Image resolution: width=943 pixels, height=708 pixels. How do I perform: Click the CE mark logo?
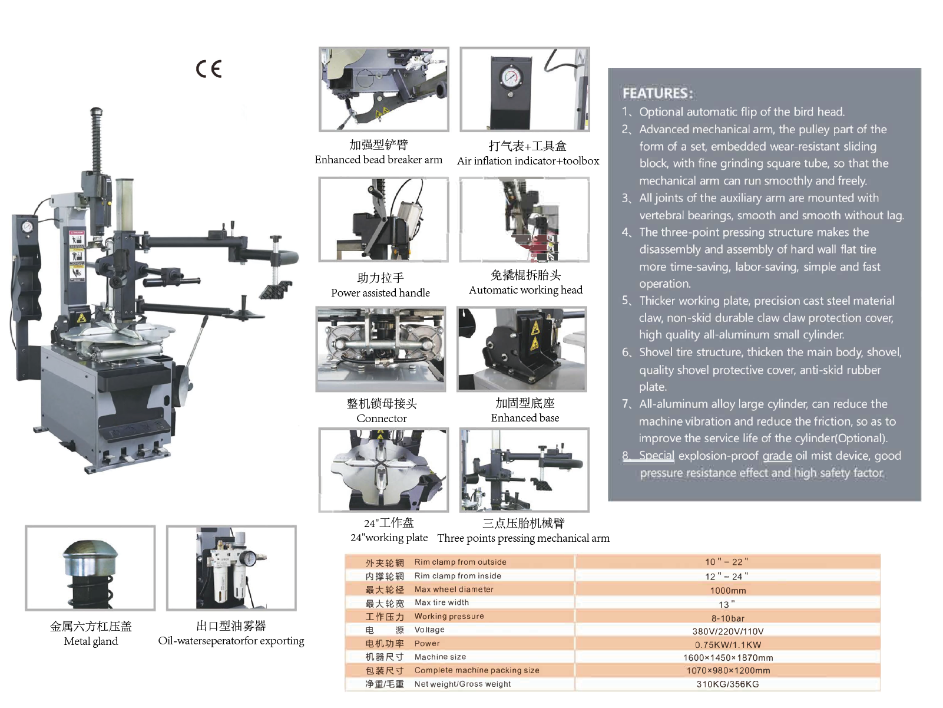tap(209, 69)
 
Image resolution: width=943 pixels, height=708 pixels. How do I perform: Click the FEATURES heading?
tap(657, 93)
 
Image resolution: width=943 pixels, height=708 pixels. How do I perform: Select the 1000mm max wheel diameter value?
tap(727, 590)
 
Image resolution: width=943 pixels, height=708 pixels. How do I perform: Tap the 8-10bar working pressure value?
tap(727, 618)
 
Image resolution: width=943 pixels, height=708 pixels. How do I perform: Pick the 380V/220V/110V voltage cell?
tap(727, 631)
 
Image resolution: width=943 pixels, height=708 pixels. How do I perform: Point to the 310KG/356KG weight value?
tap(727, 684)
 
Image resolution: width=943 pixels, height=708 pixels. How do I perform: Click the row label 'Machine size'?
tap(440, 657)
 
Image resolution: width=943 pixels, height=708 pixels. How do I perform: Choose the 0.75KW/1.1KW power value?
tap(727, 645)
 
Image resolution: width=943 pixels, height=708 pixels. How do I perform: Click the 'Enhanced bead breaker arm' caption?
tap(378, 160)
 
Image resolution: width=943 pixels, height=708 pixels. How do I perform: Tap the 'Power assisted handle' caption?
tap(380, 293)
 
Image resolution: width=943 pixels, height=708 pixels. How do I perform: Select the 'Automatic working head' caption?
tap(525, 290)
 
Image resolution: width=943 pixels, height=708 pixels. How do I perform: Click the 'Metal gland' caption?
tap(91, 641)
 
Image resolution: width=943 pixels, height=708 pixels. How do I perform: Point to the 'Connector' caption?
tap(382, 419)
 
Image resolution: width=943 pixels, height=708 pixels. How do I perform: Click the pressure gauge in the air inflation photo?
tap(510, 77)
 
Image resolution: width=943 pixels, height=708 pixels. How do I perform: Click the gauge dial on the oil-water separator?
tap(249, 557)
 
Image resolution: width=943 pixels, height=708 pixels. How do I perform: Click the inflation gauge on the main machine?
tap(27, 228)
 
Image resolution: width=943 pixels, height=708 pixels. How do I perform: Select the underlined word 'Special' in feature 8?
tap(656, 456)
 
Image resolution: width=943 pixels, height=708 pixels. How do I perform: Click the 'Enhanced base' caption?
tap(525, 418)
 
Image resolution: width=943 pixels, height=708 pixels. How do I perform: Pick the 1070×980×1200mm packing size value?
tap(727, 671)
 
